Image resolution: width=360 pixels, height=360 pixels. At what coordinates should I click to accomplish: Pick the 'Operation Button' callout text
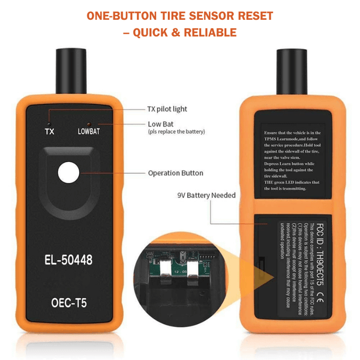[x=175, y=173]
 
